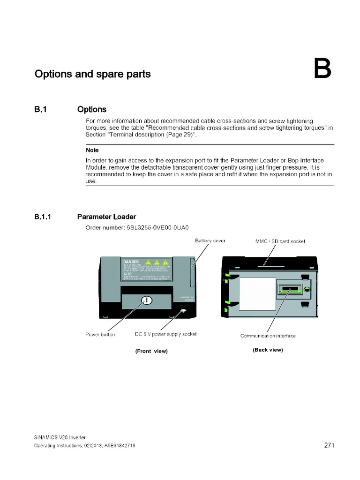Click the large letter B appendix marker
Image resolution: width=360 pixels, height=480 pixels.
coord(322,69)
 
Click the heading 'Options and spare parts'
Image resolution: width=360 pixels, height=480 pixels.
coord(93,74)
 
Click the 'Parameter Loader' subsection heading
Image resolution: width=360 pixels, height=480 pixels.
coord(106,217)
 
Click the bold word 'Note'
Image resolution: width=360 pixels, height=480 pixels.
coord(92,150)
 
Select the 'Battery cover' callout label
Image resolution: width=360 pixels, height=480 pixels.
coord(210,240)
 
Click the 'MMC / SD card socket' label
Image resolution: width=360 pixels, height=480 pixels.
coord(280,241)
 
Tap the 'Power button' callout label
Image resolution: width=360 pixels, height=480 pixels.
coord(100,335)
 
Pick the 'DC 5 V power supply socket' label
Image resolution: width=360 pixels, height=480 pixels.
coord(165,334)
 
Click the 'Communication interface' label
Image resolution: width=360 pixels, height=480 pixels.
coord(268,336)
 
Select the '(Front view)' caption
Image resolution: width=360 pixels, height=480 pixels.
coord(151,351)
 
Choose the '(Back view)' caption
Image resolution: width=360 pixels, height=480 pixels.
coord(268,350)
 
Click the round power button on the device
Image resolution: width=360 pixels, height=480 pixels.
coord(146,300)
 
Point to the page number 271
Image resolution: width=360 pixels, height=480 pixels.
coord(329,445)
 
